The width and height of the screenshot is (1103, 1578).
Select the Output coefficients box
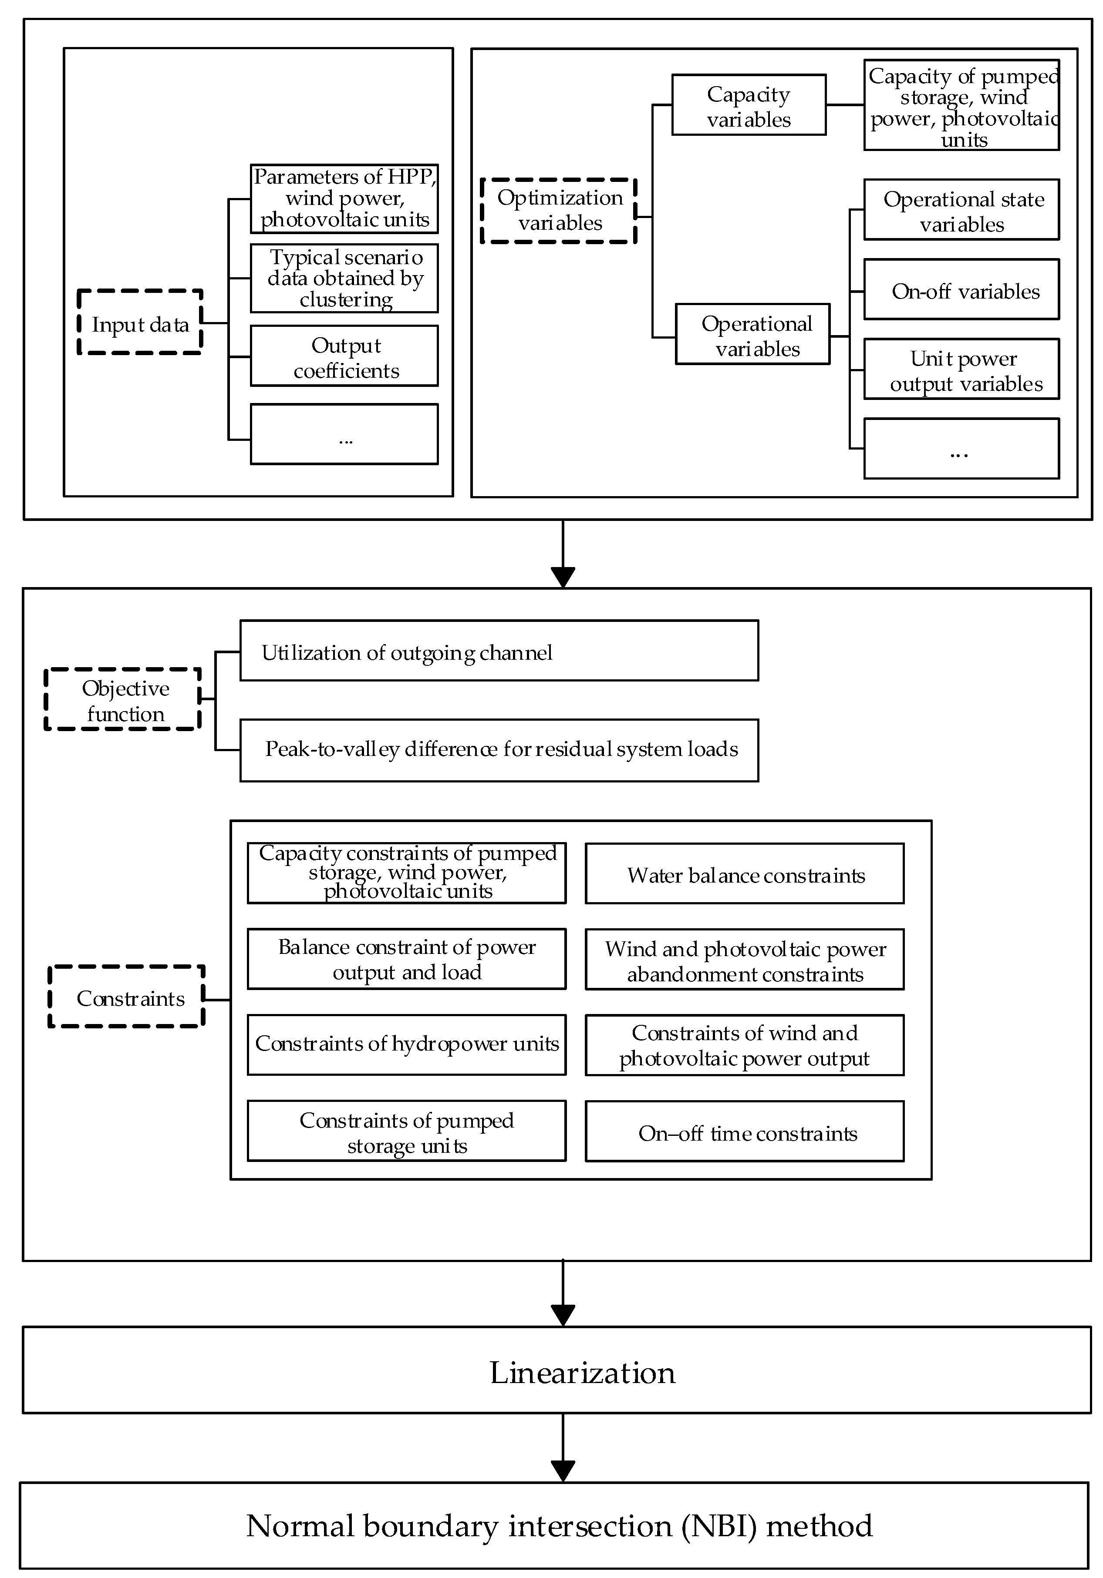pos(344,356)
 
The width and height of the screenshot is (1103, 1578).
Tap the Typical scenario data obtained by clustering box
pos(344,279)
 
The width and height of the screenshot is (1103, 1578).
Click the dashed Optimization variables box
pos(558,210)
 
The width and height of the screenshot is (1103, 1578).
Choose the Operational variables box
pos(752,334)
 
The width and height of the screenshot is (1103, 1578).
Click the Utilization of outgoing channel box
pos(499,651)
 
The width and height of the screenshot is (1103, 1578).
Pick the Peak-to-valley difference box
pos(499,750)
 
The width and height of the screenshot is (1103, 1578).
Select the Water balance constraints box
pos(744,873)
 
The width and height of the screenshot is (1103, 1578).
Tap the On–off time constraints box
pos(744,1132)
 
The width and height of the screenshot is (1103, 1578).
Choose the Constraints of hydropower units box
pos(406,1044)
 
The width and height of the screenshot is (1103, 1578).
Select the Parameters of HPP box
pos(344,198)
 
